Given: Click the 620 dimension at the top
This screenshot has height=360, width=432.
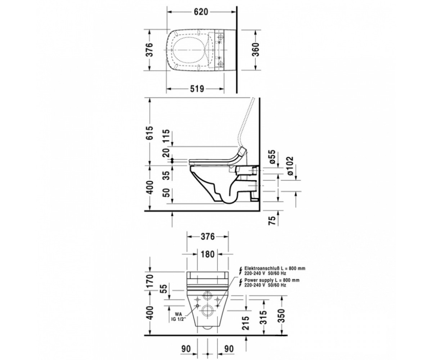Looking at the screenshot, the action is (x=201, y=12).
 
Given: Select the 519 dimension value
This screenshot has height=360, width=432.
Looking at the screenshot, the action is (x=197, y=89).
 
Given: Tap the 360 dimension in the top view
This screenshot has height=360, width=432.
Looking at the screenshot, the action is (x=256, y=50).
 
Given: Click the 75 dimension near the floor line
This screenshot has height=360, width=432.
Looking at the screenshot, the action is (x=273, y=220).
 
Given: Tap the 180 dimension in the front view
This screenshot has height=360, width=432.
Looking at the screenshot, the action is (x=208, y=254).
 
